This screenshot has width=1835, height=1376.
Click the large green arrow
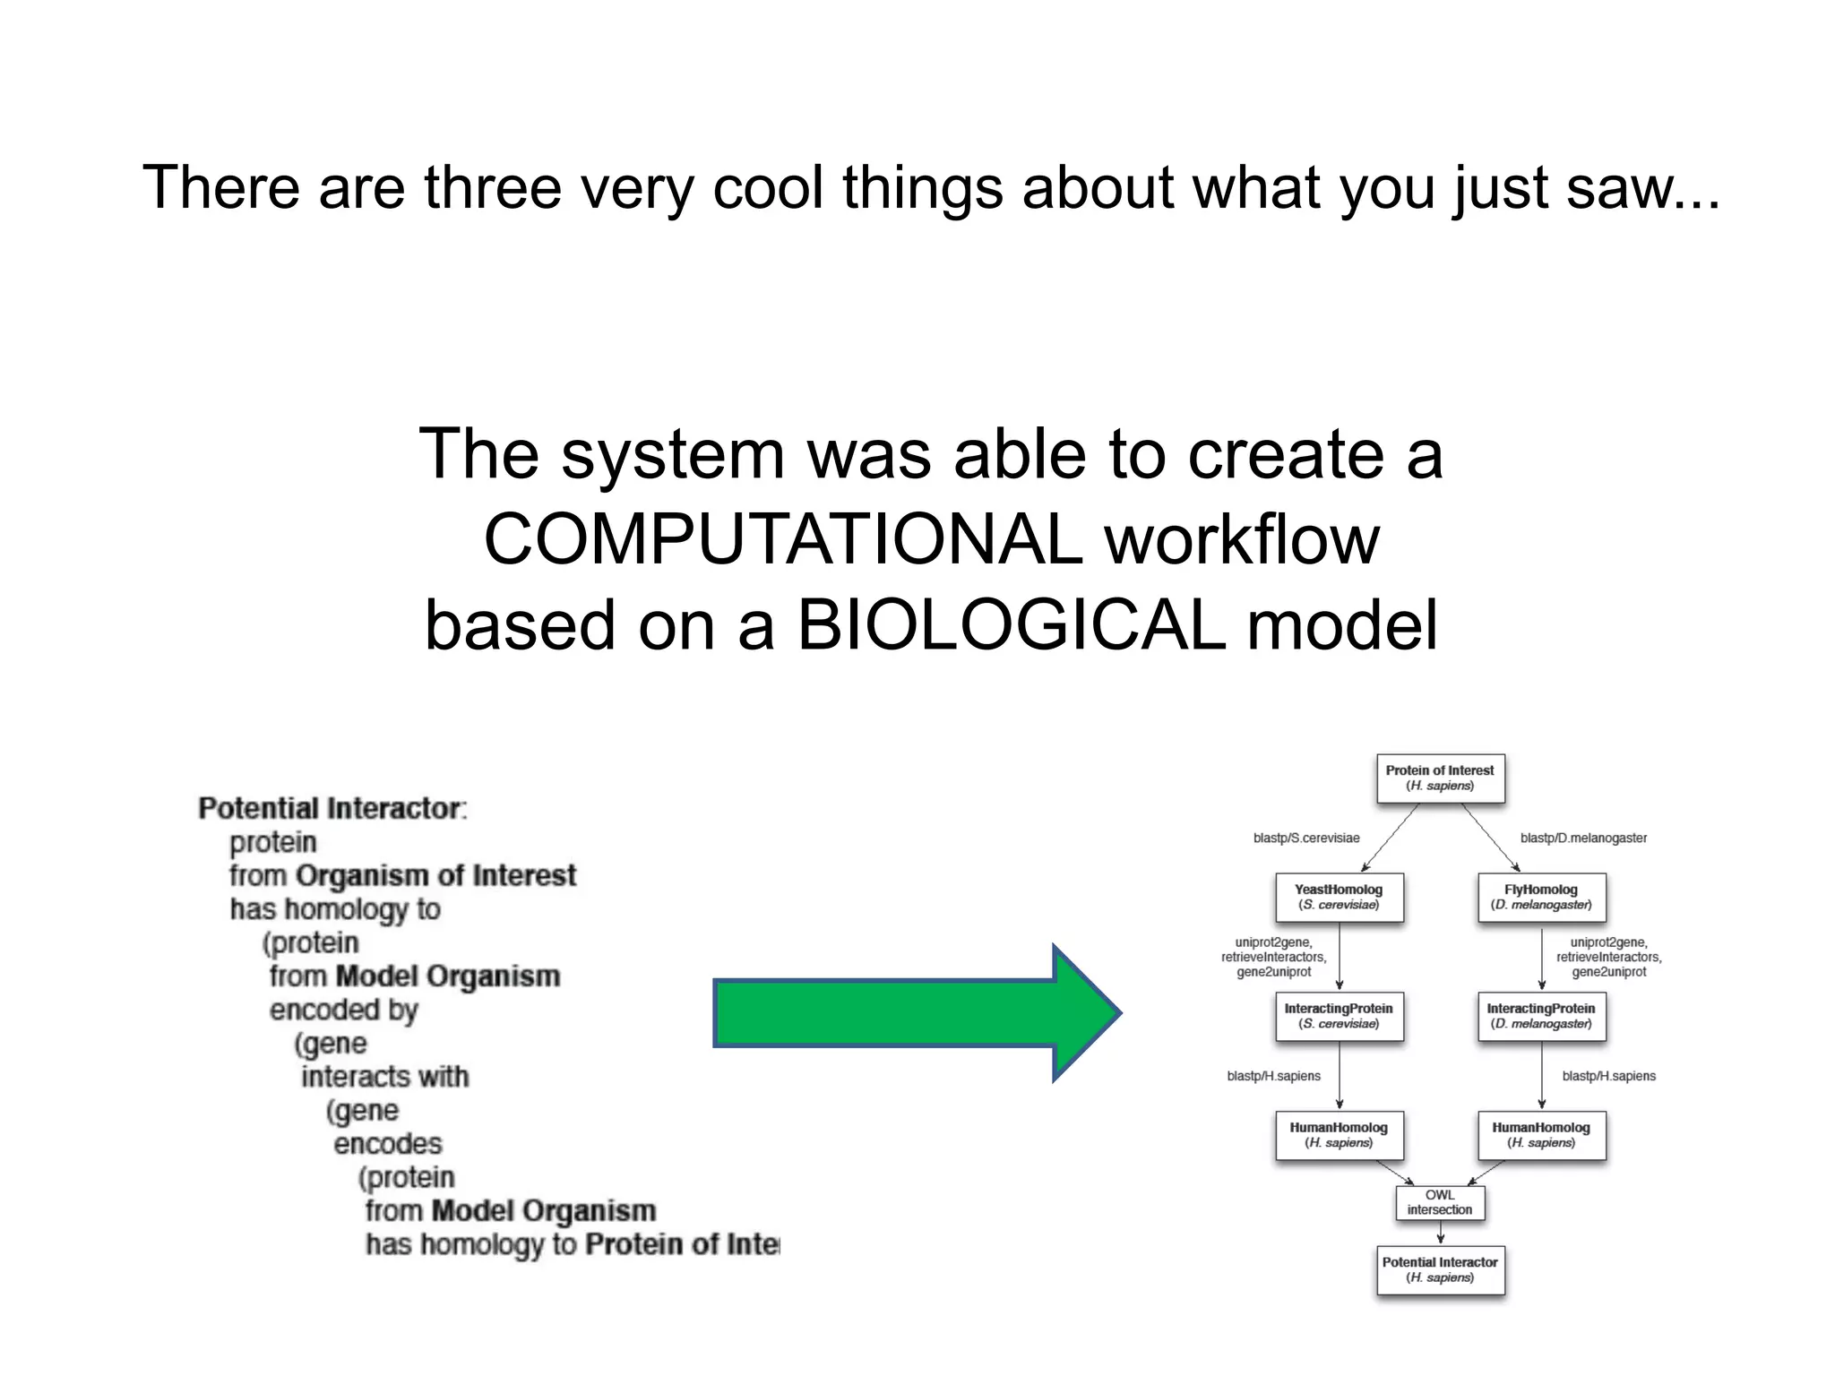coord(914,1012)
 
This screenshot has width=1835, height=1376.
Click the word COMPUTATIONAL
coord(783,539)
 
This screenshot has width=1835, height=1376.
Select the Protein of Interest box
coord(1439,778)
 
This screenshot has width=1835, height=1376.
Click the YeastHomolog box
coord(1339,897)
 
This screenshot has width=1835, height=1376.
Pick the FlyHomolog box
coord(1540,897)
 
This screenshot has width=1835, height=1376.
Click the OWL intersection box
coord(1439,1202)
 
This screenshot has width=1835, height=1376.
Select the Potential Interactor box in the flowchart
coord(1439,1269)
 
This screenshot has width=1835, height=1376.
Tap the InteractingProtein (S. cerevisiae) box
coord(1339,1016)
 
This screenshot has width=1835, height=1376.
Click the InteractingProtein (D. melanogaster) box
coord(1540,1016)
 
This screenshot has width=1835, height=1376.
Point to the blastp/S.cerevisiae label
coord(1305,838)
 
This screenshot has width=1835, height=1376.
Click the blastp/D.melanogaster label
coord(1583,838)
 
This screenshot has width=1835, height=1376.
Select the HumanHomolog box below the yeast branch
coord(1339,1135)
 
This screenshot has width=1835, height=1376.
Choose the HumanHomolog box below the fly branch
coord(1540,1135)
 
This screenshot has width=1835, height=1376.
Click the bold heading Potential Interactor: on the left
coord(332,808)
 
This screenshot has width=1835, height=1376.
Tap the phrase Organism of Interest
coord(435,875)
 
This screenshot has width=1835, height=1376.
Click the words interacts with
coord(384,1076)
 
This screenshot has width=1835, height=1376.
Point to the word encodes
coord(387,1144)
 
